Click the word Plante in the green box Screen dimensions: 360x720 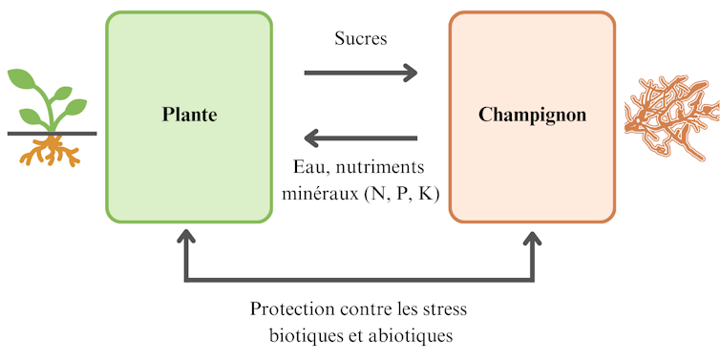(x=188, y=116)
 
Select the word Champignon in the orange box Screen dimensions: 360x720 (x=532, y=116)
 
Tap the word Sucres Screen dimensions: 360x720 (x=361, y=40)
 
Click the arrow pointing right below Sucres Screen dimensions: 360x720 (x=361, y=73)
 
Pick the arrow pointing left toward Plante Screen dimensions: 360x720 (x=360, y=138)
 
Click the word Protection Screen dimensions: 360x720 (x=292, y=310)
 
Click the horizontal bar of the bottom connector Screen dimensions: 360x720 (x=360, y=280)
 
